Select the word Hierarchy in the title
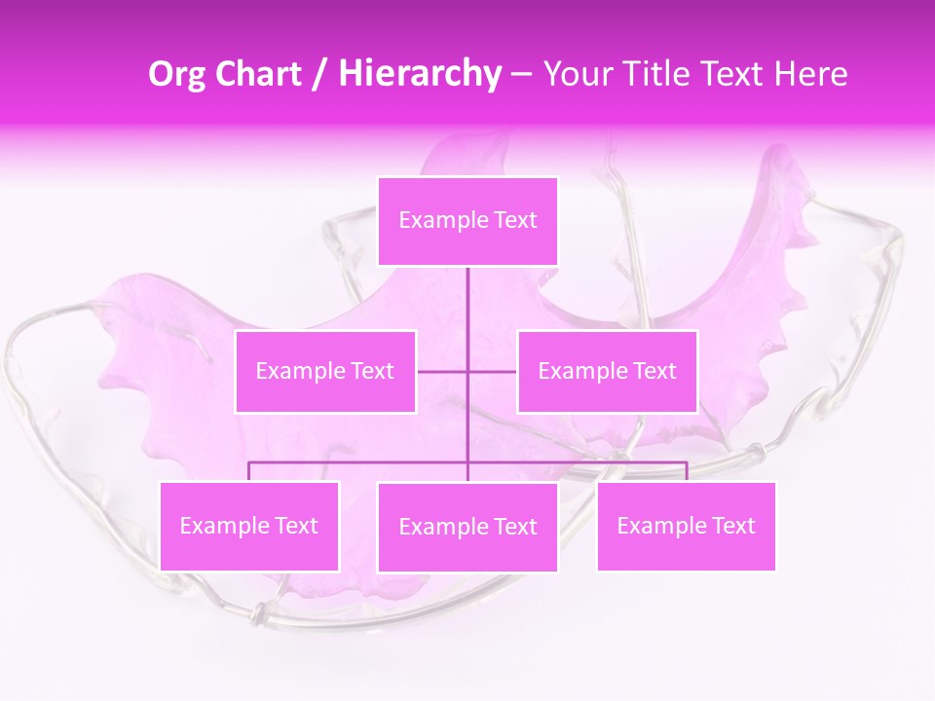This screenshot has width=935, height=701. (420, 74)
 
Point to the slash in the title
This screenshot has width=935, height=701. (320, 75)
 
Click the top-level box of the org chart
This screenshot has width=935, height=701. (467, 221)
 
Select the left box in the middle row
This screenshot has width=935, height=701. (325, 371)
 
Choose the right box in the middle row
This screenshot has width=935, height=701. (608, 371)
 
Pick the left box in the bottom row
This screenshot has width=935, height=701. (249, 526)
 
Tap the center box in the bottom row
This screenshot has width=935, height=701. (467, 527)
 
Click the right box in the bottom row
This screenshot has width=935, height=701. (687, 526)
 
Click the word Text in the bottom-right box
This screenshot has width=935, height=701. (732, 526)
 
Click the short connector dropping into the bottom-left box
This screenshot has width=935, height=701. (249, 471)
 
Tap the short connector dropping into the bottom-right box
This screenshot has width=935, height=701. (687, 471)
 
